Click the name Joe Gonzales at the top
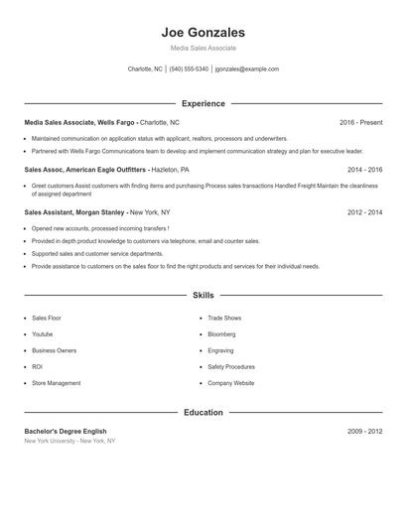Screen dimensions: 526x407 pos(203,32)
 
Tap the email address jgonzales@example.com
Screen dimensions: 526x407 pos(246,69)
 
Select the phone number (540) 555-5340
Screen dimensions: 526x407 pos(189,69)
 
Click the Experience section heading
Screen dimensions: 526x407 pos(203,103)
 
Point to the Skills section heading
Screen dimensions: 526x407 pos(203,295)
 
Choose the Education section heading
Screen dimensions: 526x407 pos(203,412)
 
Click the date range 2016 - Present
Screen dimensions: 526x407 pos(360,122)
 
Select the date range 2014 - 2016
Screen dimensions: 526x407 pos(364,170)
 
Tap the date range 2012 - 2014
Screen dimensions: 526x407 pos(364,212)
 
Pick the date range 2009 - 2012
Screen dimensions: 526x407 pos(364,432)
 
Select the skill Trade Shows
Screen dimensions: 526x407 pos(224,318)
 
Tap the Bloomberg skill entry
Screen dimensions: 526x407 pos(222,334)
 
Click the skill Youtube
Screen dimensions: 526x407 pos(44,334)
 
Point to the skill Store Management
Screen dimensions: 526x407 pos(57,383)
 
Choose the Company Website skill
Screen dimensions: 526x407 pos(230,383)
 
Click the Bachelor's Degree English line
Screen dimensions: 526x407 pos(66,432)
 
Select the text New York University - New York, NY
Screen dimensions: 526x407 pos(69,441)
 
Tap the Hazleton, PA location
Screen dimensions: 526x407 pos(170,170)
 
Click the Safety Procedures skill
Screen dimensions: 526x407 pos(231,366)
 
